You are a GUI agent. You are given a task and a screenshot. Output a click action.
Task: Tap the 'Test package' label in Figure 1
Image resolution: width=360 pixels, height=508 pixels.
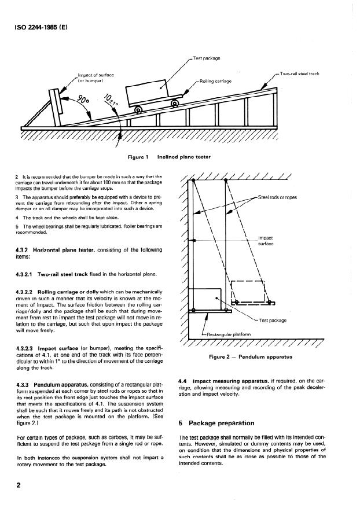pos(207,58)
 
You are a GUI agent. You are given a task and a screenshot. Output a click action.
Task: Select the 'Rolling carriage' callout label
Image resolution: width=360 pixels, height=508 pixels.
pos(215,81)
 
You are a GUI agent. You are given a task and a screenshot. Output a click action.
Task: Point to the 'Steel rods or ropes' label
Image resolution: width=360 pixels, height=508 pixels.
pos(277,197)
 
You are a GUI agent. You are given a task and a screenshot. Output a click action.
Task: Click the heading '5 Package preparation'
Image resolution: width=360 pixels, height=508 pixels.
pos(216,423)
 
